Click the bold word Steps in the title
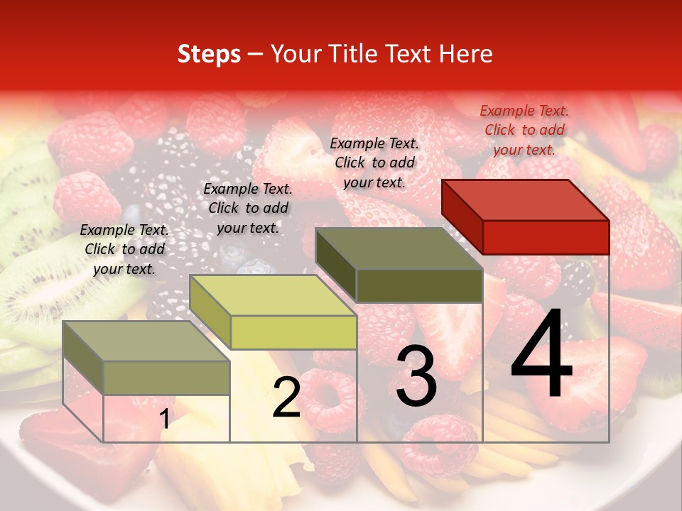click(209, 54)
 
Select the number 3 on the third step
click(416, 375)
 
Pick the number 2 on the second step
click(286, 397)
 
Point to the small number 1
click(165, 419)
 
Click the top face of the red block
click(525, 199)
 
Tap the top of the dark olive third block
click(399, 248)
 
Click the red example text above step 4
click(524, 130)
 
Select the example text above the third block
click(374, 163)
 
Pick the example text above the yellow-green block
click(248, 208)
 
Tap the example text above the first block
click(124, 249)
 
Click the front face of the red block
click(546, 237)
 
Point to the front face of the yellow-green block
click(293, 332)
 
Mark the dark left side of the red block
click(462, 216)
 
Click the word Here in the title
click(465, 54)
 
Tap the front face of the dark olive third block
click(419, 285)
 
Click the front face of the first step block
click(166, 378)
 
